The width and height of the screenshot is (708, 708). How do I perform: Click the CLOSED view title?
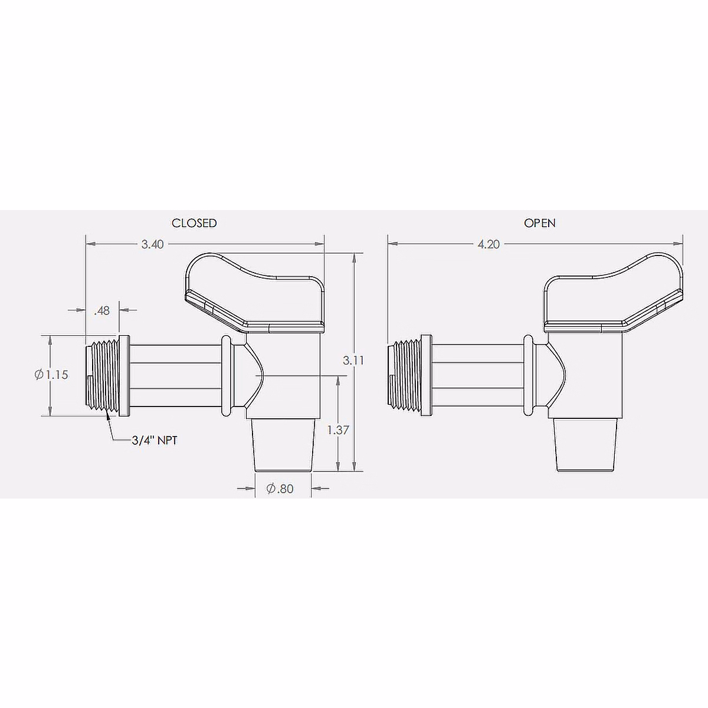[194, 223]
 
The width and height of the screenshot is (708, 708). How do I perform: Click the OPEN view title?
[539, 223]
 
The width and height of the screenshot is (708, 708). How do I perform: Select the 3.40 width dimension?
[152, 244]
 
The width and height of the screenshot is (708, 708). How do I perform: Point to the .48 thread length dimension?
[102, 310]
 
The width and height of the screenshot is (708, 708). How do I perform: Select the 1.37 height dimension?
[337, 430]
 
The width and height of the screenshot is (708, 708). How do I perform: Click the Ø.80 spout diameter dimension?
[280, 489]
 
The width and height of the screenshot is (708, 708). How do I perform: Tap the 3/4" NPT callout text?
[155, 441]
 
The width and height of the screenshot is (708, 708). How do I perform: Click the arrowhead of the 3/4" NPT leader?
[108, 415]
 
